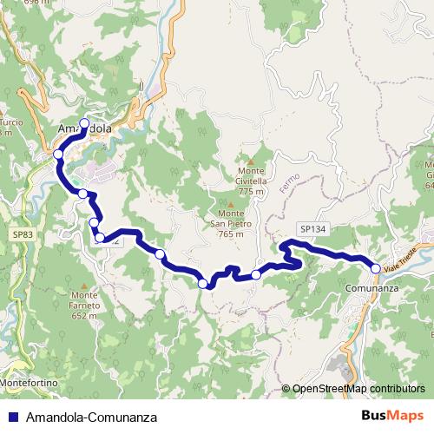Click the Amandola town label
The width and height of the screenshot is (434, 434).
(x=84, y=129)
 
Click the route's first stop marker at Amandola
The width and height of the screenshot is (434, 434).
(x=84, y=122)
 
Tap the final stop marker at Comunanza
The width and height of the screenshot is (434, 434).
(x=376, y=267)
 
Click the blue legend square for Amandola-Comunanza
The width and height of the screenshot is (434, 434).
(x=12, y=417)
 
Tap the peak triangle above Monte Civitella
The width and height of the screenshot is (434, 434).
(x=251, y=161)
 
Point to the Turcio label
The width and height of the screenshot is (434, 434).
(x=10, y=122)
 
